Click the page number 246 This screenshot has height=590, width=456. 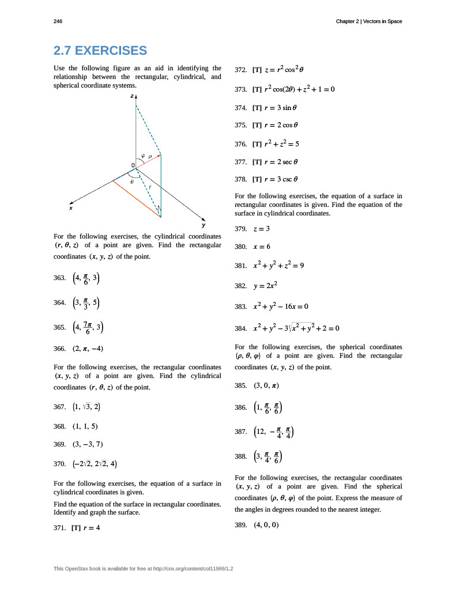(x=58, y=21)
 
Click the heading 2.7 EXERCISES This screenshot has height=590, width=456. (x=100, y=51)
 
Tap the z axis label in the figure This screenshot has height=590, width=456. (x=132, y=96)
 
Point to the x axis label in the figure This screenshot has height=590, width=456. (x=71, y=208)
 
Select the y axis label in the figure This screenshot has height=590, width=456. (x=203, y=225)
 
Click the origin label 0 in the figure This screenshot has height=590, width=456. (x=132, y=165)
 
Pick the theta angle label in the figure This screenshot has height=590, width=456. (x=132, y=181)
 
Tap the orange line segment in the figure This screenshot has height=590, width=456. (x=137, y=199)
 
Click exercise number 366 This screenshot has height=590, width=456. (x=59, y=349)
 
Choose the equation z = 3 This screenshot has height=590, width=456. (x=262, y=229)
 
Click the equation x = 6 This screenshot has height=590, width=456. (x=262, y=247)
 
